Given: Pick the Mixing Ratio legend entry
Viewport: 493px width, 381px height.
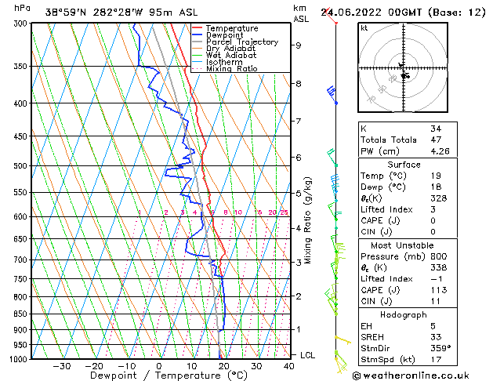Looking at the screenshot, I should pos(232,69).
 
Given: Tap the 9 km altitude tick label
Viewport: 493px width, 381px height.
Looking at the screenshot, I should pos(299,45).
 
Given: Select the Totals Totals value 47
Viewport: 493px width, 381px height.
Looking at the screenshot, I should pos(436,140).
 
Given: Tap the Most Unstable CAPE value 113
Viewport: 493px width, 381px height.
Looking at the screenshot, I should pos(438,289).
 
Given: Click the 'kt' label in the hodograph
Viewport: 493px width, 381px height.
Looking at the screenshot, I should pos(364,27).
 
